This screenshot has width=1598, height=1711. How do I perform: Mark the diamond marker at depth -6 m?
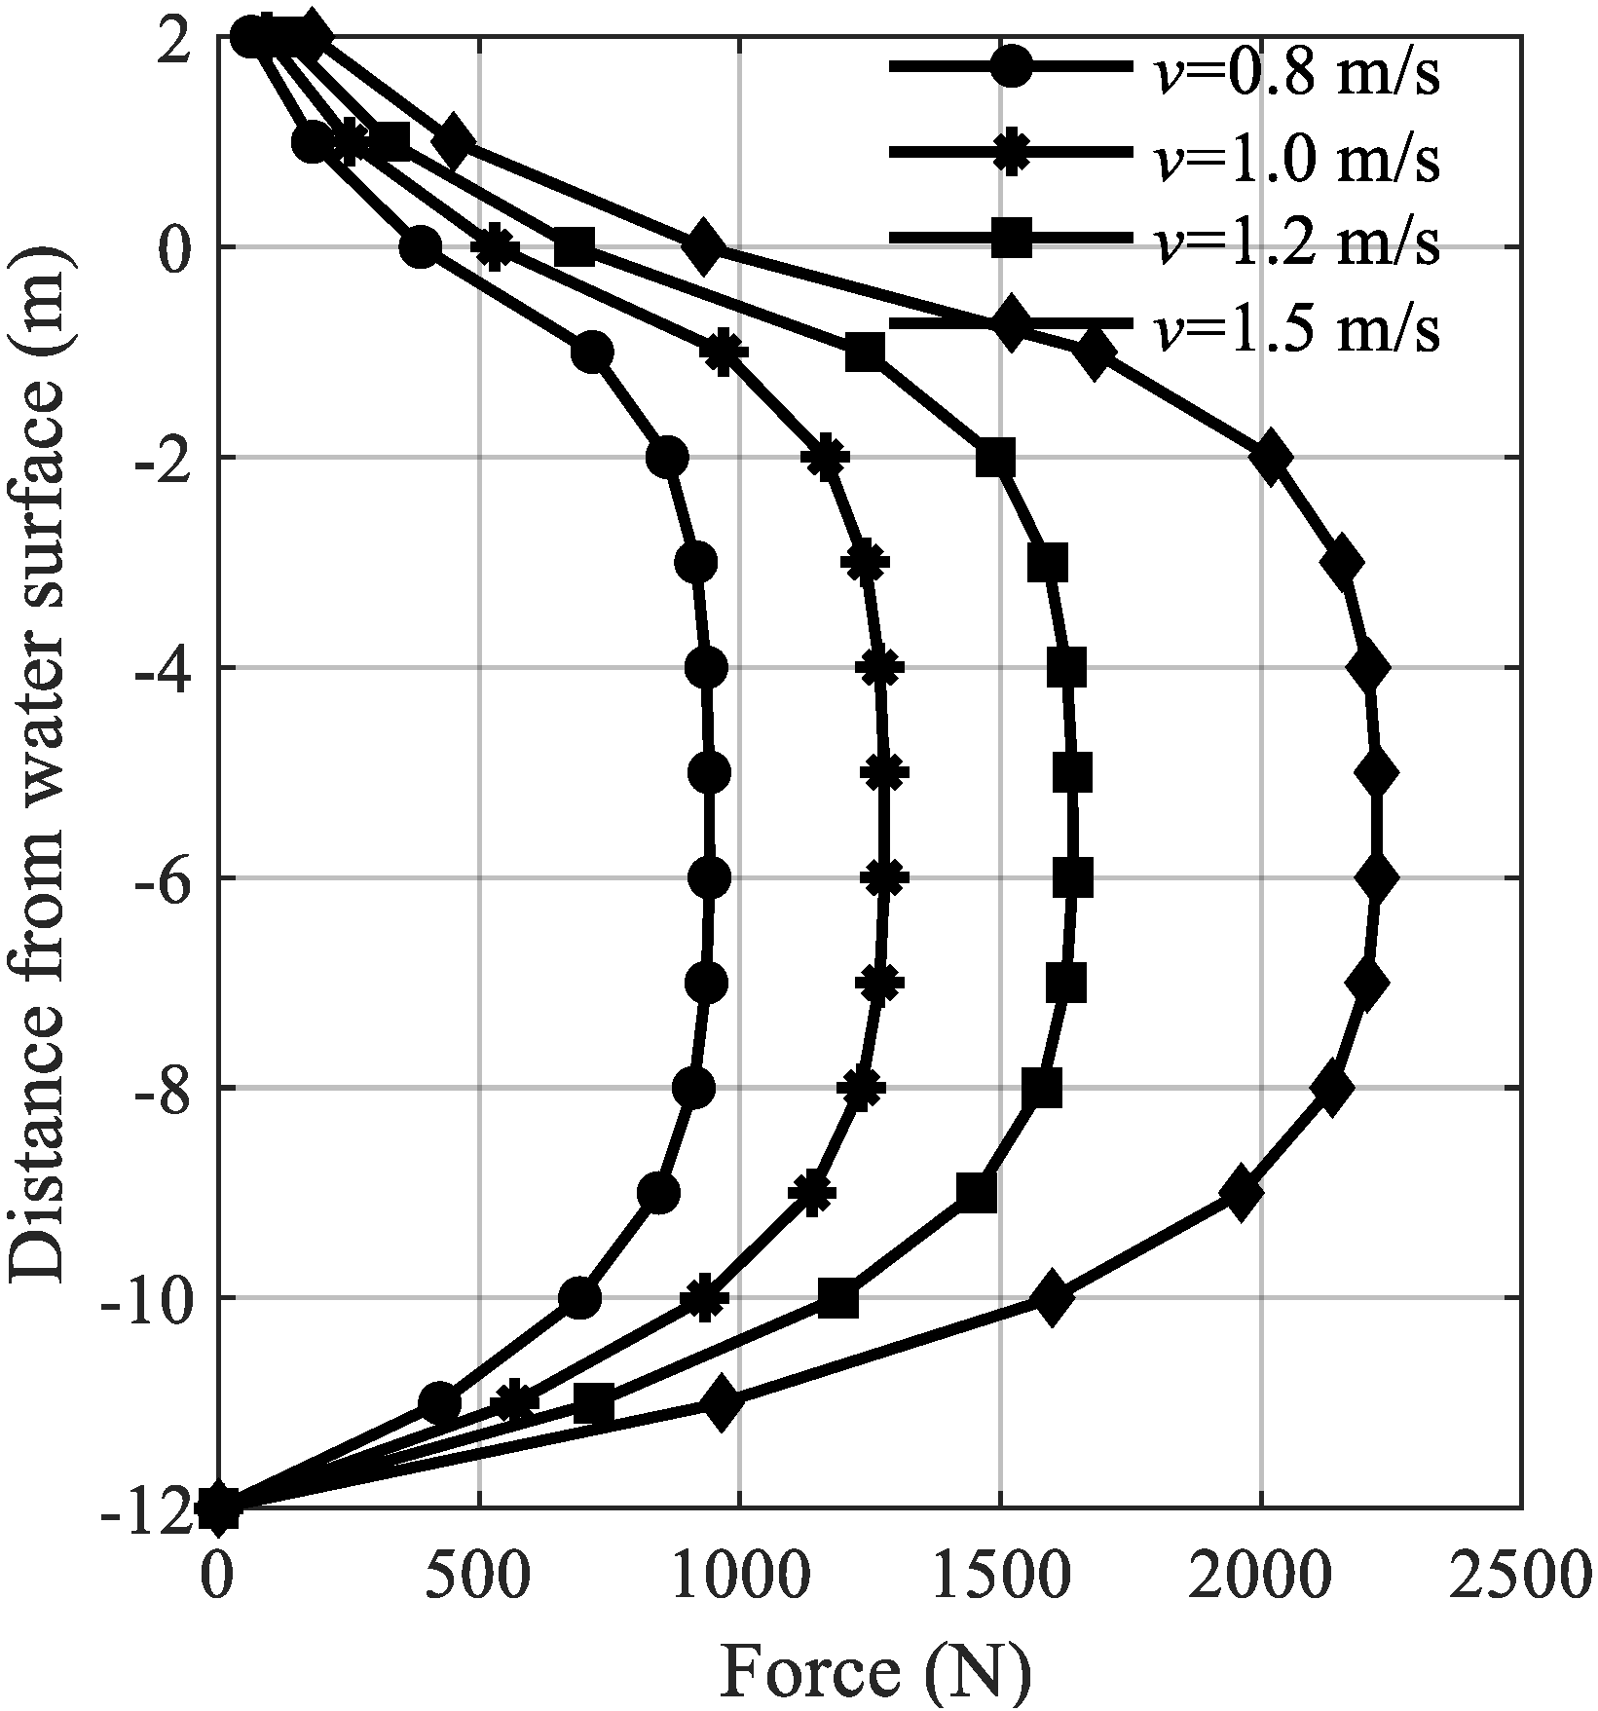click(1378, 877)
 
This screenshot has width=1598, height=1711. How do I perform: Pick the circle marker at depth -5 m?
click(709, 773)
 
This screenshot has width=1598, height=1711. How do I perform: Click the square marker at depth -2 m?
click(995, 457)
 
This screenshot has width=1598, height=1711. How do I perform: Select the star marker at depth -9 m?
click(812, 1193)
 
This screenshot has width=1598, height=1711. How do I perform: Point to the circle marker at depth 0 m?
click(421, 246)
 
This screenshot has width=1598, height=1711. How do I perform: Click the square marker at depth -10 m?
click(837, 1298)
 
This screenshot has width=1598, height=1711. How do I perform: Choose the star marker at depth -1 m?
click(723, 352)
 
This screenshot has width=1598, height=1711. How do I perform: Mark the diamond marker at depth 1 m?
click(454, 141)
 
